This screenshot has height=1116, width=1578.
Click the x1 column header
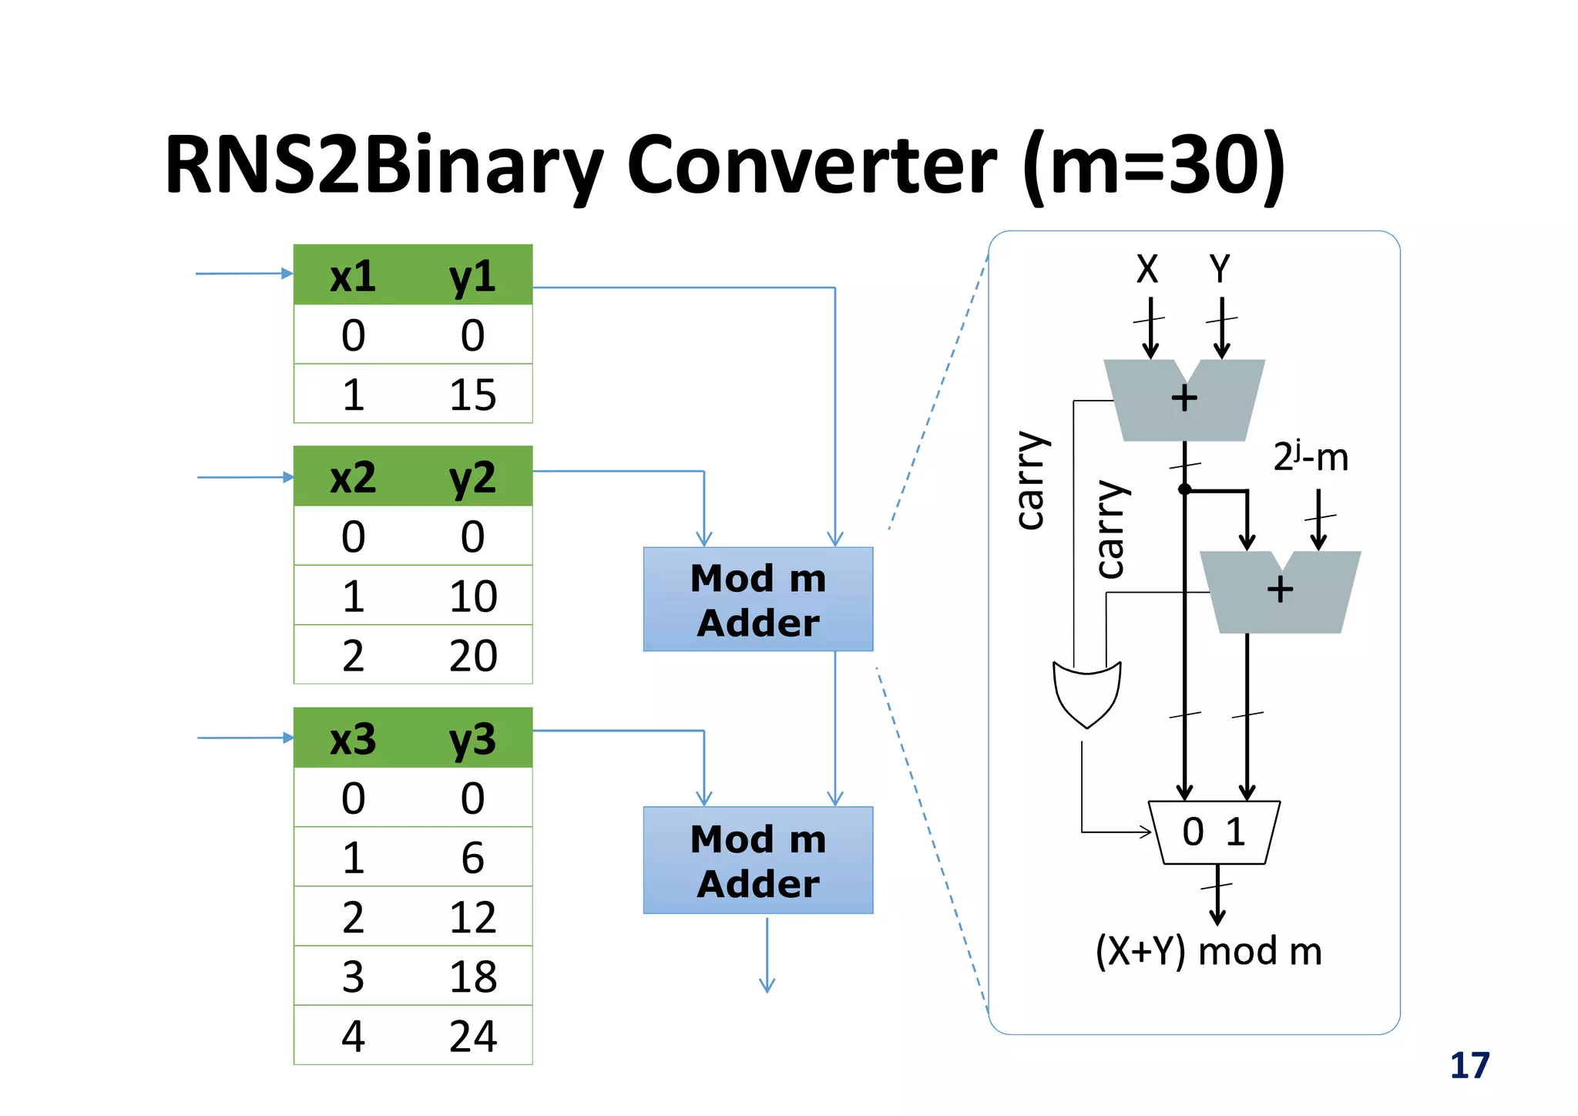click(353, 276)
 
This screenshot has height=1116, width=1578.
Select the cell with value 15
click(472, 395)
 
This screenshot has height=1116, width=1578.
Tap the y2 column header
click(472, 478)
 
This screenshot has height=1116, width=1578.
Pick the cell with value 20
click(472, 656)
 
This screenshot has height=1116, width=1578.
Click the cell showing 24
click(472, 1036)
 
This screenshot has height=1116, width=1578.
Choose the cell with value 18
click(472, 976)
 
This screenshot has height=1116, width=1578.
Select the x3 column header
click(353, 739)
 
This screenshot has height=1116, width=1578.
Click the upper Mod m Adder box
click(758, 600)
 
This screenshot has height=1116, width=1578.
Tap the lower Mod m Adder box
click(758, 860)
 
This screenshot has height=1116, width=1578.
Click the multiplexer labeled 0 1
click(1214, 832)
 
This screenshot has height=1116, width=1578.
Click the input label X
click(1147, 269)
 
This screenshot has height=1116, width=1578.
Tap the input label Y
click(1220, 269)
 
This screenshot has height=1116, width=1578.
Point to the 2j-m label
click(1310, 457)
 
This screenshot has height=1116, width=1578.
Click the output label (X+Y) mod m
click(1208, 951)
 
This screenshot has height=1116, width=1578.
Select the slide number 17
click(1469, 1066)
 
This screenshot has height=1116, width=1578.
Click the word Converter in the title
click(811, 166)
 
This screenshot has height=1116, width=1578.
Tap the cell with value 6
click(472, 858)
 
